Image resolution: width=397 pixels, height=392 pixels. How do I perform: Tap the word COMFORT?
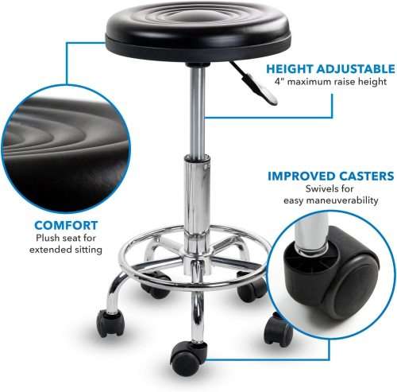[67, 225]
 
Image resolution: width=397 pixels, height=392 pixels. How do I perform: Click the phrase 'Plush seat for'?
[67, 238]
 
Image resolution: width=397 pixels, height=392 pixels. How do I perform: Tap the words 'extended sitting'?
[67, 250]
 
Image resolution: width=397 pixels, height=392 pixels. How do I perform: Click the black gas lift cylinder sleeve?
[194, 199]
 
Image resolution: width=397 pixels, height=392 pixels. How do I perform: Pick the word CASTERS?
[366, 176]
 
